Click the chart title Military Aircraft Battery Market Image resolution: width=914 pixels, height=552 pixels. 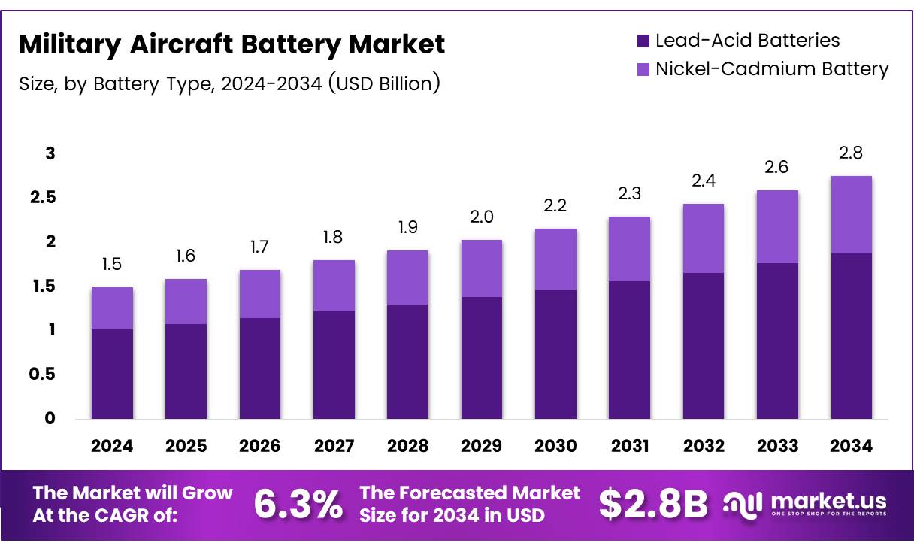(232, 44)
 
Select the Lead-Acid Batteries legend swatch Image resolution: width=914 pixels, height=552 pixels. (643, 41)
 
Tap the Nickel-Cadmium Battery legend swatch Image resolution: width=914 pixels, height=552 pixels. (643, 69)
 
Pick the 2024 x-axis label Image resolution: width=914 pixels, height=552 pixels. (112, 446)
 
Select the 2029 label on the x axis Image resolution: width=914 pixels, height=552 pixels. (482, 446)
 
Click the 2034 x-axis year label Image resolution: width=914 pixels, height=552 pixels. (852, 446)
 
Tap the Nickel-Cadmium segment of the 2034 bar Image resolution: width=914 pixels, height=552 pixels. (852, 215)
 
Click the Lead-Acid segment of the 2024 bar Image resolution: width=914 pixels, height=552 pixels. (112, 374)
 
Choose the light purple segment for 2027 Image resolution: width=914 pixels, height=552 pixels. (334, 286)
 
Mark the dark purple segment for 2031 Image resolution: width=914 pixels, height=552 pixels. (630, 350)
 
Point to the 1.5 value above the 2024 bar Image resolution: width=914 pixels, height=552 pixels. (112, 265)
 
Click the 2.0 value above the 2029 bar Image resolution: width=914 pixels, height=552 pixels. (482, 217)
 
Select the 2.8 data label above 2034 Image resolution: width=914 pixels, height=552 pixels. (852, 153)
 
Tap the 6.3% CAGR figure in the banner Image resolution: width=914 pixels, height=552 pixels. (298, 504)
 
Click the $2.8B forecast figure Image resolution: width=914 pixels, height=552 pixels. (653, 504)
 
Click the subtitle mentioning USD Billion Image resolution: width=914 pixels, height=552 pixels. (229, 83)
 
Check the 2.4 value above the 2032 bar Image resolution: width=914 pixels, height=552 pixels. (704, 181)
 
